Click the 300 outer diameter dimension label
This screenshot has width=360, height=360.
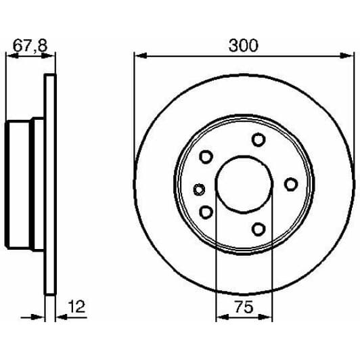pyautogui.click(x=244, y=45)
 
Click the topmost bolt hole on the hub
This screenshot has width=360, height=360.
pyautogui.click(x=258, y=140)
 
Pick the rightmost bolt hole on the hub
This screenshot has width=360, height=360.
pyautogui.click(x=290, y=184)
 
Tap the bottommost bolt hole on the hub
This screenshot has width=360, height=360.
pyautogui.click(x=258, y=229)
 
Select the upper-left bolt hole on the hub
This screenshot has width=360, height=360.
pyautogui.click(x=206, y=157)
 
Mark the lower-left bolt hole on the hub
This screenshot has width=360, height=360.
pyautogui.click(x=206, y=212)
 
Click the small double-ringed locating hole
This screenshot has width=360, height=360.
pyautogui.click(x=198, y=189)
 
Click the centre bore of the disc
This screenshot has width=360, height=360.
pyautogui.click(x=244, y=184)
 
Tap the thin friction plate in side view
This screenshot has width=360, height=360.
pyautogui.click(x=49, y=184)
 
